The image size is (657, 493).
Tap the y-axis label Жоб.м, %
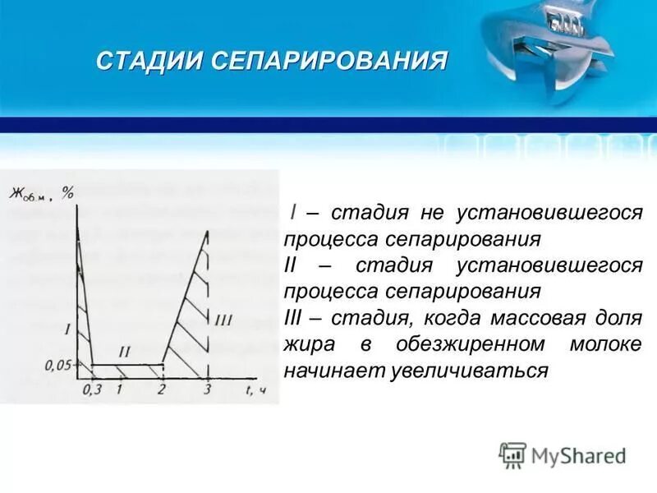pyautogui.click(x=42, y=194)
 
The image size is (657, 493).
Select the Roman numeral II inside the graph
pyautogui.click(x=125, y=352)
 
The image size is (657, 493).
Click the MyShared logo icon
pyautogui.click(x=512, y=454)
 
